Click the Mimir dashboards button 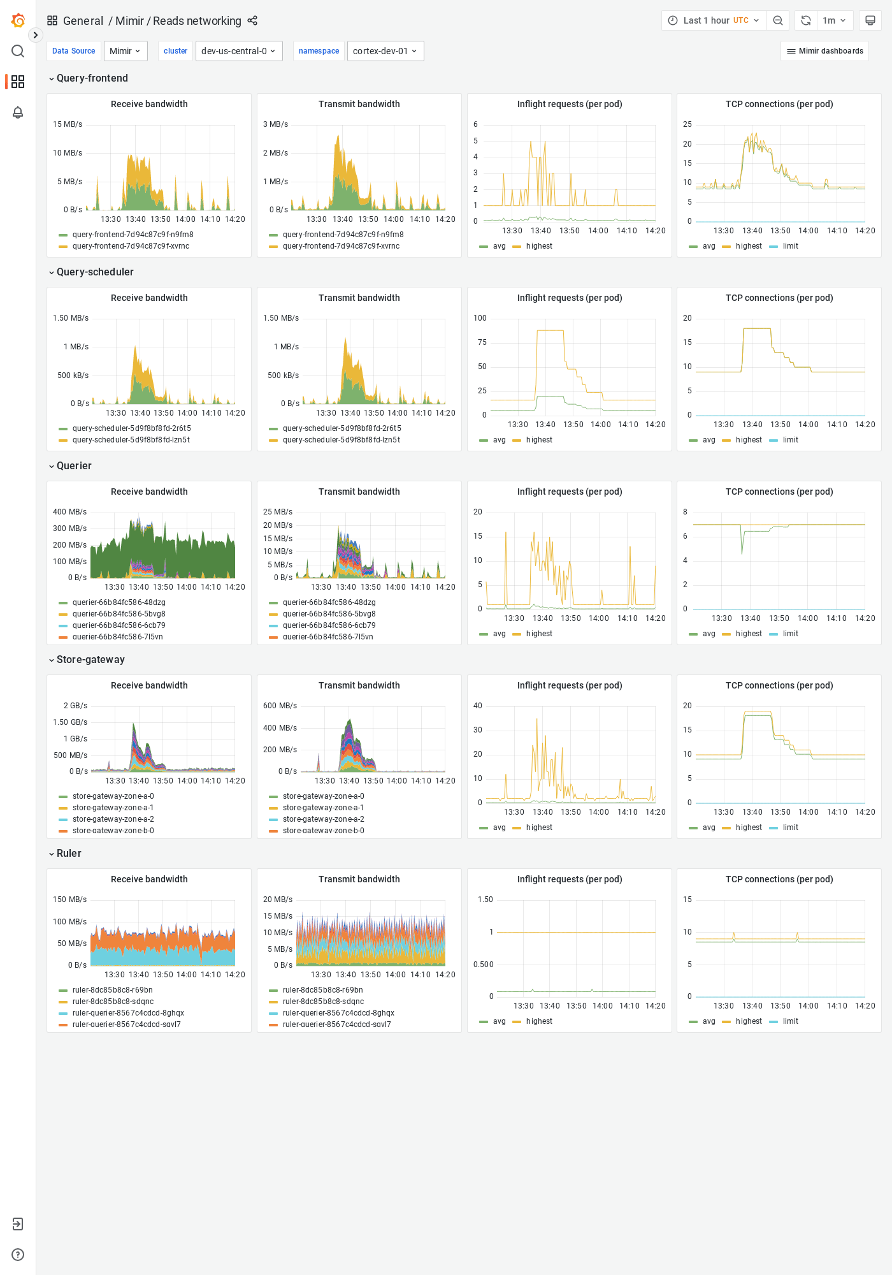tap(824, 51)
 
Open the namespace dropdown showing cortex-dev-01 tap(385, 51)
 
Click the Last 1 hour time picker tap(714, 20)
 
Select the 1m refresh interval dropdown tap(833, 20)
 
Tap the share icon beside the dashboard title tap(252, 20)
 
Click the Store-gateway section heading tap(90, 659)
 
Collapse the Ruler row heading tap(69, 853)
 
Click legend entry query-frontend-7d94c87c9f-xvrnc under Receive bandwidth tap(131, 246)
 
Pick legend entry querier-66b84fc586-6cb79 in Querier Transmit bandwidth tap(329, 625)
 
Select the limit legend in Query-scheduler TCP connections tap(790, 440)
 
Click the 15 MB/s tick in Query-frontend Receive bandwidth tap(68, 124)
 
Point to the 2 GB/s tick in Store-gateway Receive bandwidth tap(75, 706)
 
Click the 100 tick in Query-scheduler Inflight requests tap(480, 318)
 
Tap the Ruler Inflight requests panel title tap(569, 879)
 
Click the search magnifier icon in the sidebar tap(18, 51)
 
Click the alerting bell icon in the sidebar tap(18, 112)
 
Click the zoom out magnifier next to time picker tap(777, 20)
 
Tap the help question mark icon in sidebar tap(18, 1255)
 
